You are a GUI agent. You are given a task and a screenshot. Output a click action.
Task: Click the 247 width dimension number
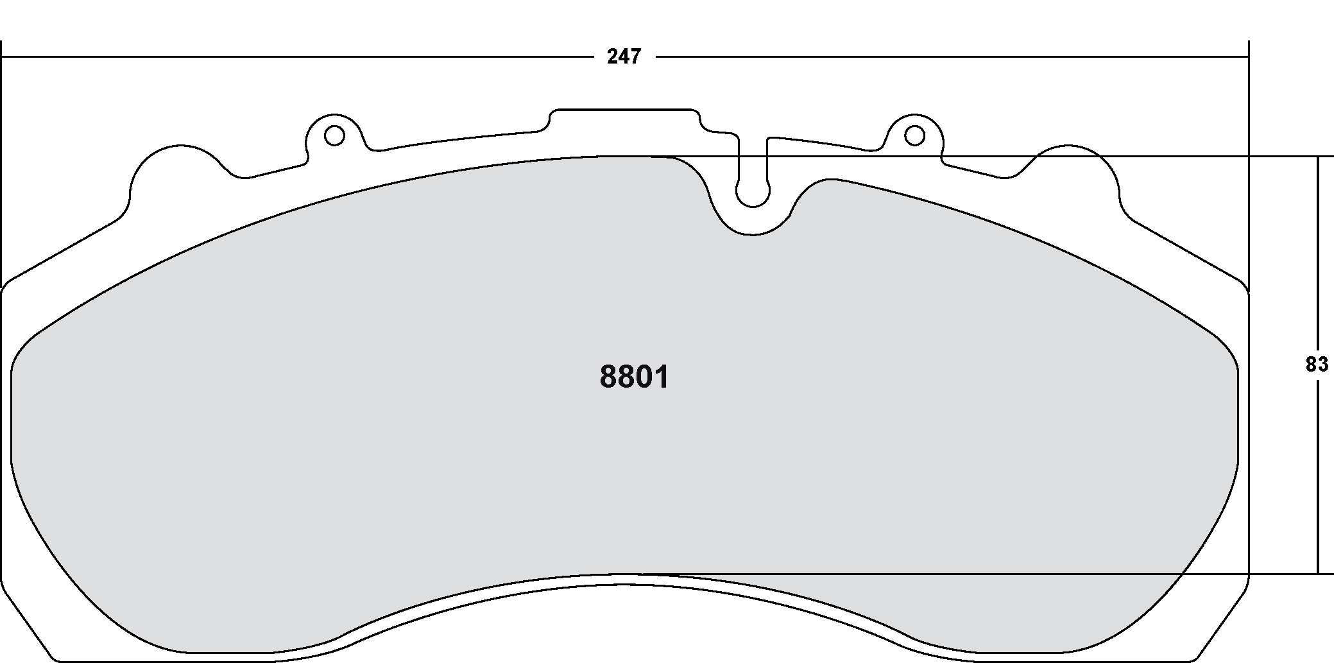tap(624, 57)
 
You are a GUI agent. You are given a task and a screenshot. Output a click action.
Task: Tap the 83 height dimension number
tap(1317, 365)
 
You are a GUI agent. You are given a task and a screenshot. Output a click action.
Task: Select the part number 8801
tap(634, 377)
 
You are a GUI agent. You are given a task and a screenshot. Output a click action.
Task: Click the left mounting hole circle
tap(334, 136)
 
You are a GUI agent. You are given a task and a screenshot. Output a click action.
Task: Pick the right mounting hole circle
tap(914, 136)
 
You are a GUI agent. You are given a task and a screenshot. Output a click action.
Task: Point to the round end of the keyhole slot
tap(753, 193)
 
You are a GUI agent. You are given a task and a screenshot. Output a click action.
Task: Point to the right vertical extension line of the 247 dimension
tap(1249, 160)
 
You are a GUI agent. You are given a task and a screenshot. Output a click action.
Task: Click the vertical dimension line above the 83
tap(1318, 257)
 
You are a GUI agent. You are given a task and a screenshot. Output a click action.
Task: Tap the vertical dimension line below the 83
tap(1318, 481)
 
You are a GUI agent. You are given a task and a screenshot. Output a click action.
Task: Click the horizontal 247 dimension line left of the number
tap(295, 57)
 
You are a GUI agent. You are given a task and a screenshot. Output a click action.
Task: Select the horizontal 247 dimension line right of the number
tap(950, 57)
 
